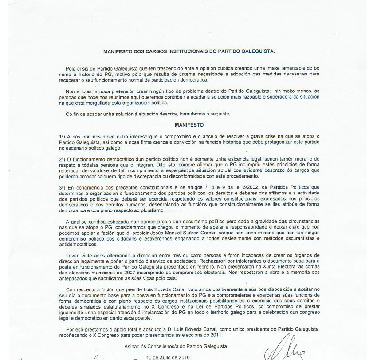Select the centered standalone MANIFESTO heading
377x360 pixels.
(x=189, y=125)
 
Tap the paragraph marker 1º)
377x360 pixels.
(x=62, y=136)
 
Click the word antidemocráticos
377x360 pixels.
(x=78, y=244)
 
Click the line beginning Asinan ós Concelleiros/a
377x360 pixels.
(x=176, y=346)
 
